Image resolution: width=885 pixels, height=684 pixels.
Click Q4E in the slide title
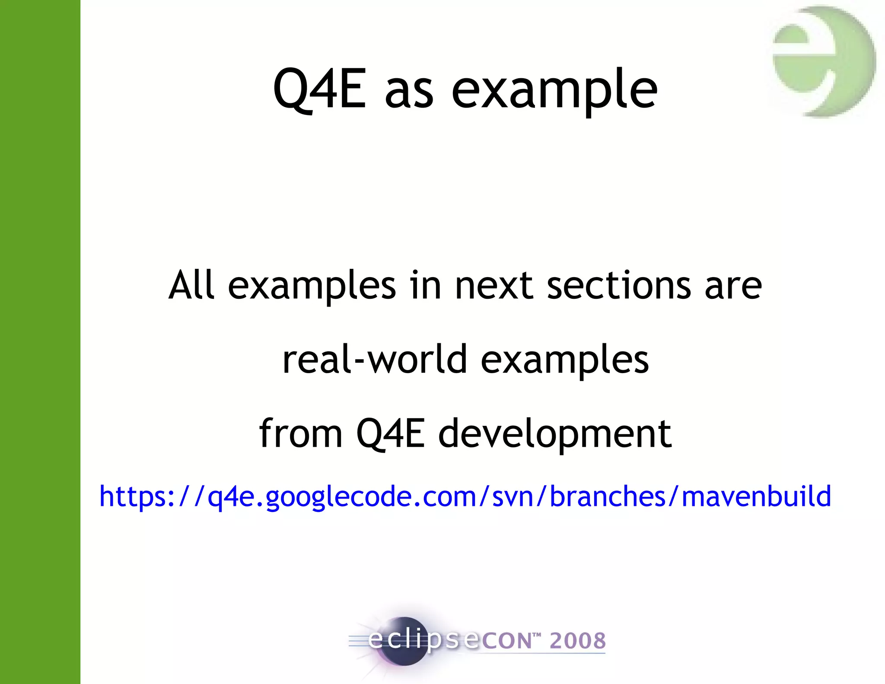pos(320,89)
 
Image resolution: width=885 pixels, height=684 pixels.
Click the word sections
pos(619,286)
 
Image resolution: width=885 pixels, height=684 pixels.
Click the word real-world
pos(375,359)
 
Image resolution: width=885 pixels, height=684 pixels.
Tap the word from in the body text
pos(301,433)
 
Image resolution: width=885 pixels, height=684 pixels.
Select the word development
pos(555,434)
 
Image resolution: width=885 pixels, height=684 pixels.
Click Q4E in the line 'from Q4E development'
pos(390,434)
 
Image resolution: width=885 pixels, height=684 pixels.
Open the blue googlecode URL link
pos(465,496)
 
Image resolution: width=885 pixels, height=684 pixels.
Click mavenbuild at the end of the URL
pos(756,495)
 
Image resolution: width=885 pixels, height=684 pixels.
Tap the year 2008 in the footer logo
pos(578,640)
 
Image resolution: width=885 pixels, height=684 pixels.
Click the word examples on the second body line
pos(564,360)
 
